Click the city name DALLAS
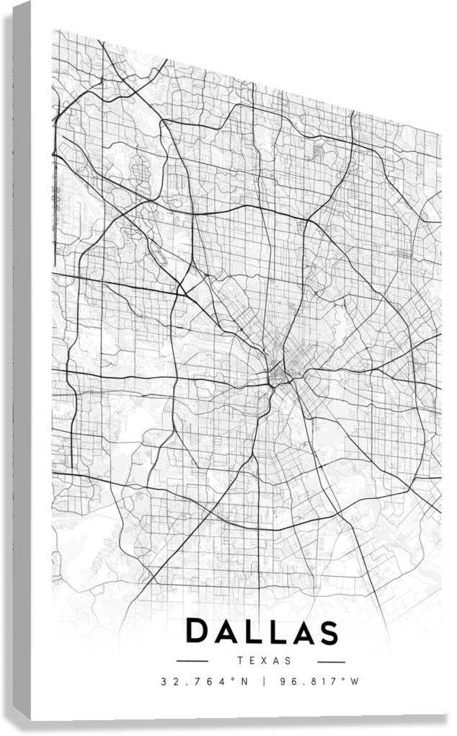pos(262,632)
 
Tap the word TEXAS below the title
pos(262,660)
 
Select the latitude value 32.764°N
pos(204,681)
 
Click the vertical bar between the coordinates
pos(264,681)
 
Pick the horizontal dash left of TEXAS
pos(192,661)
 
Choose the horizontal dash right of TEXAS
pos(331,661)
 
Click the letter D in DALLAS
pos(199,632)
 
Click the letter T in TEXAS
pos(239,660)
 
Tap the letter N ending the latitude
pos(244,681)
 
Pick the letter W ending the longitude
pos(355,681)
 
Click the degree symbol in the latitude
pos(234,679)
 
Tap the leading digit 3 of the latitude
pos(164,681)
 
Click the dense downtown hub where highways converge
pos(278,374)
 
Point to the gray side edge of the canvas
pos(22,360)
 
